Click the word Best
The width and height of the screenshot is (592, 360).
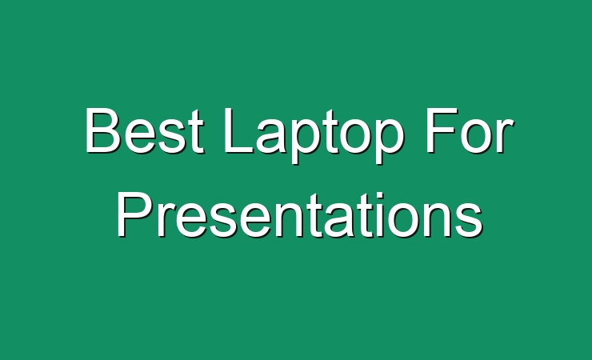145,130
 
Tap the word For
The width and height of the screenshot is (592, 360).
470,130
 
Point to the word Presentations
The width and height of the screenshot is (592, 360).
300,214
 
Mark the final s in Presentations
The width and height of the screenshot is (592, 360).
470,220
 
